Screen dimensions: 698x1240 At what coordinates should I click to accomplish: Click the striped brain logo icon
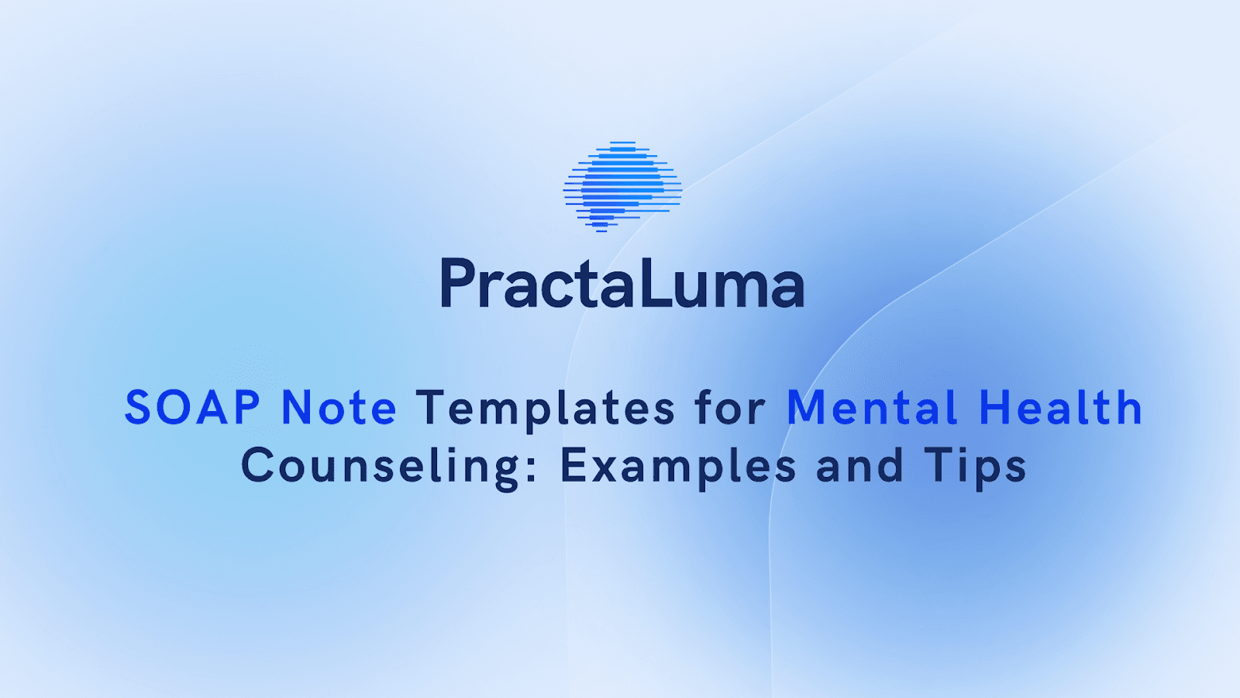622,187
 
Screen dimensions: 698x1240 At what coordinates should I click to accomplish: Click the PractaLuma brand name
622,284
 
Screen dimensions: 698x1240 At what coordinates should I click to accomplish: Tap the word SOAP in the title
192,408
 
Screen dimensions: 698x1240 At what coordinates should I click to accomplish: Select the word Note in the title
339,408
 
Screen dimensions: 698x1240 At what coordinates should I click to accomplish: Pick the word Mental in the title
872,408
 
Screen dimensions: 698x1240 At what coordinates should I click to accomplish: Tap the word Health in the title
1060,408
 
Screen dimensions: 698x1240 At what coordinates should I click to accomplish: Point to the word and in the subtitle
859,466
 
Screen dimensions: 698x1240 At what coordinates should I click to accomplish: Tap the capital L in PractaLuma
654,284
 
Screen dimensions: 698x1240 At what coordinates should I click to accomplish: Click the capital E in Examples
573,465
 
